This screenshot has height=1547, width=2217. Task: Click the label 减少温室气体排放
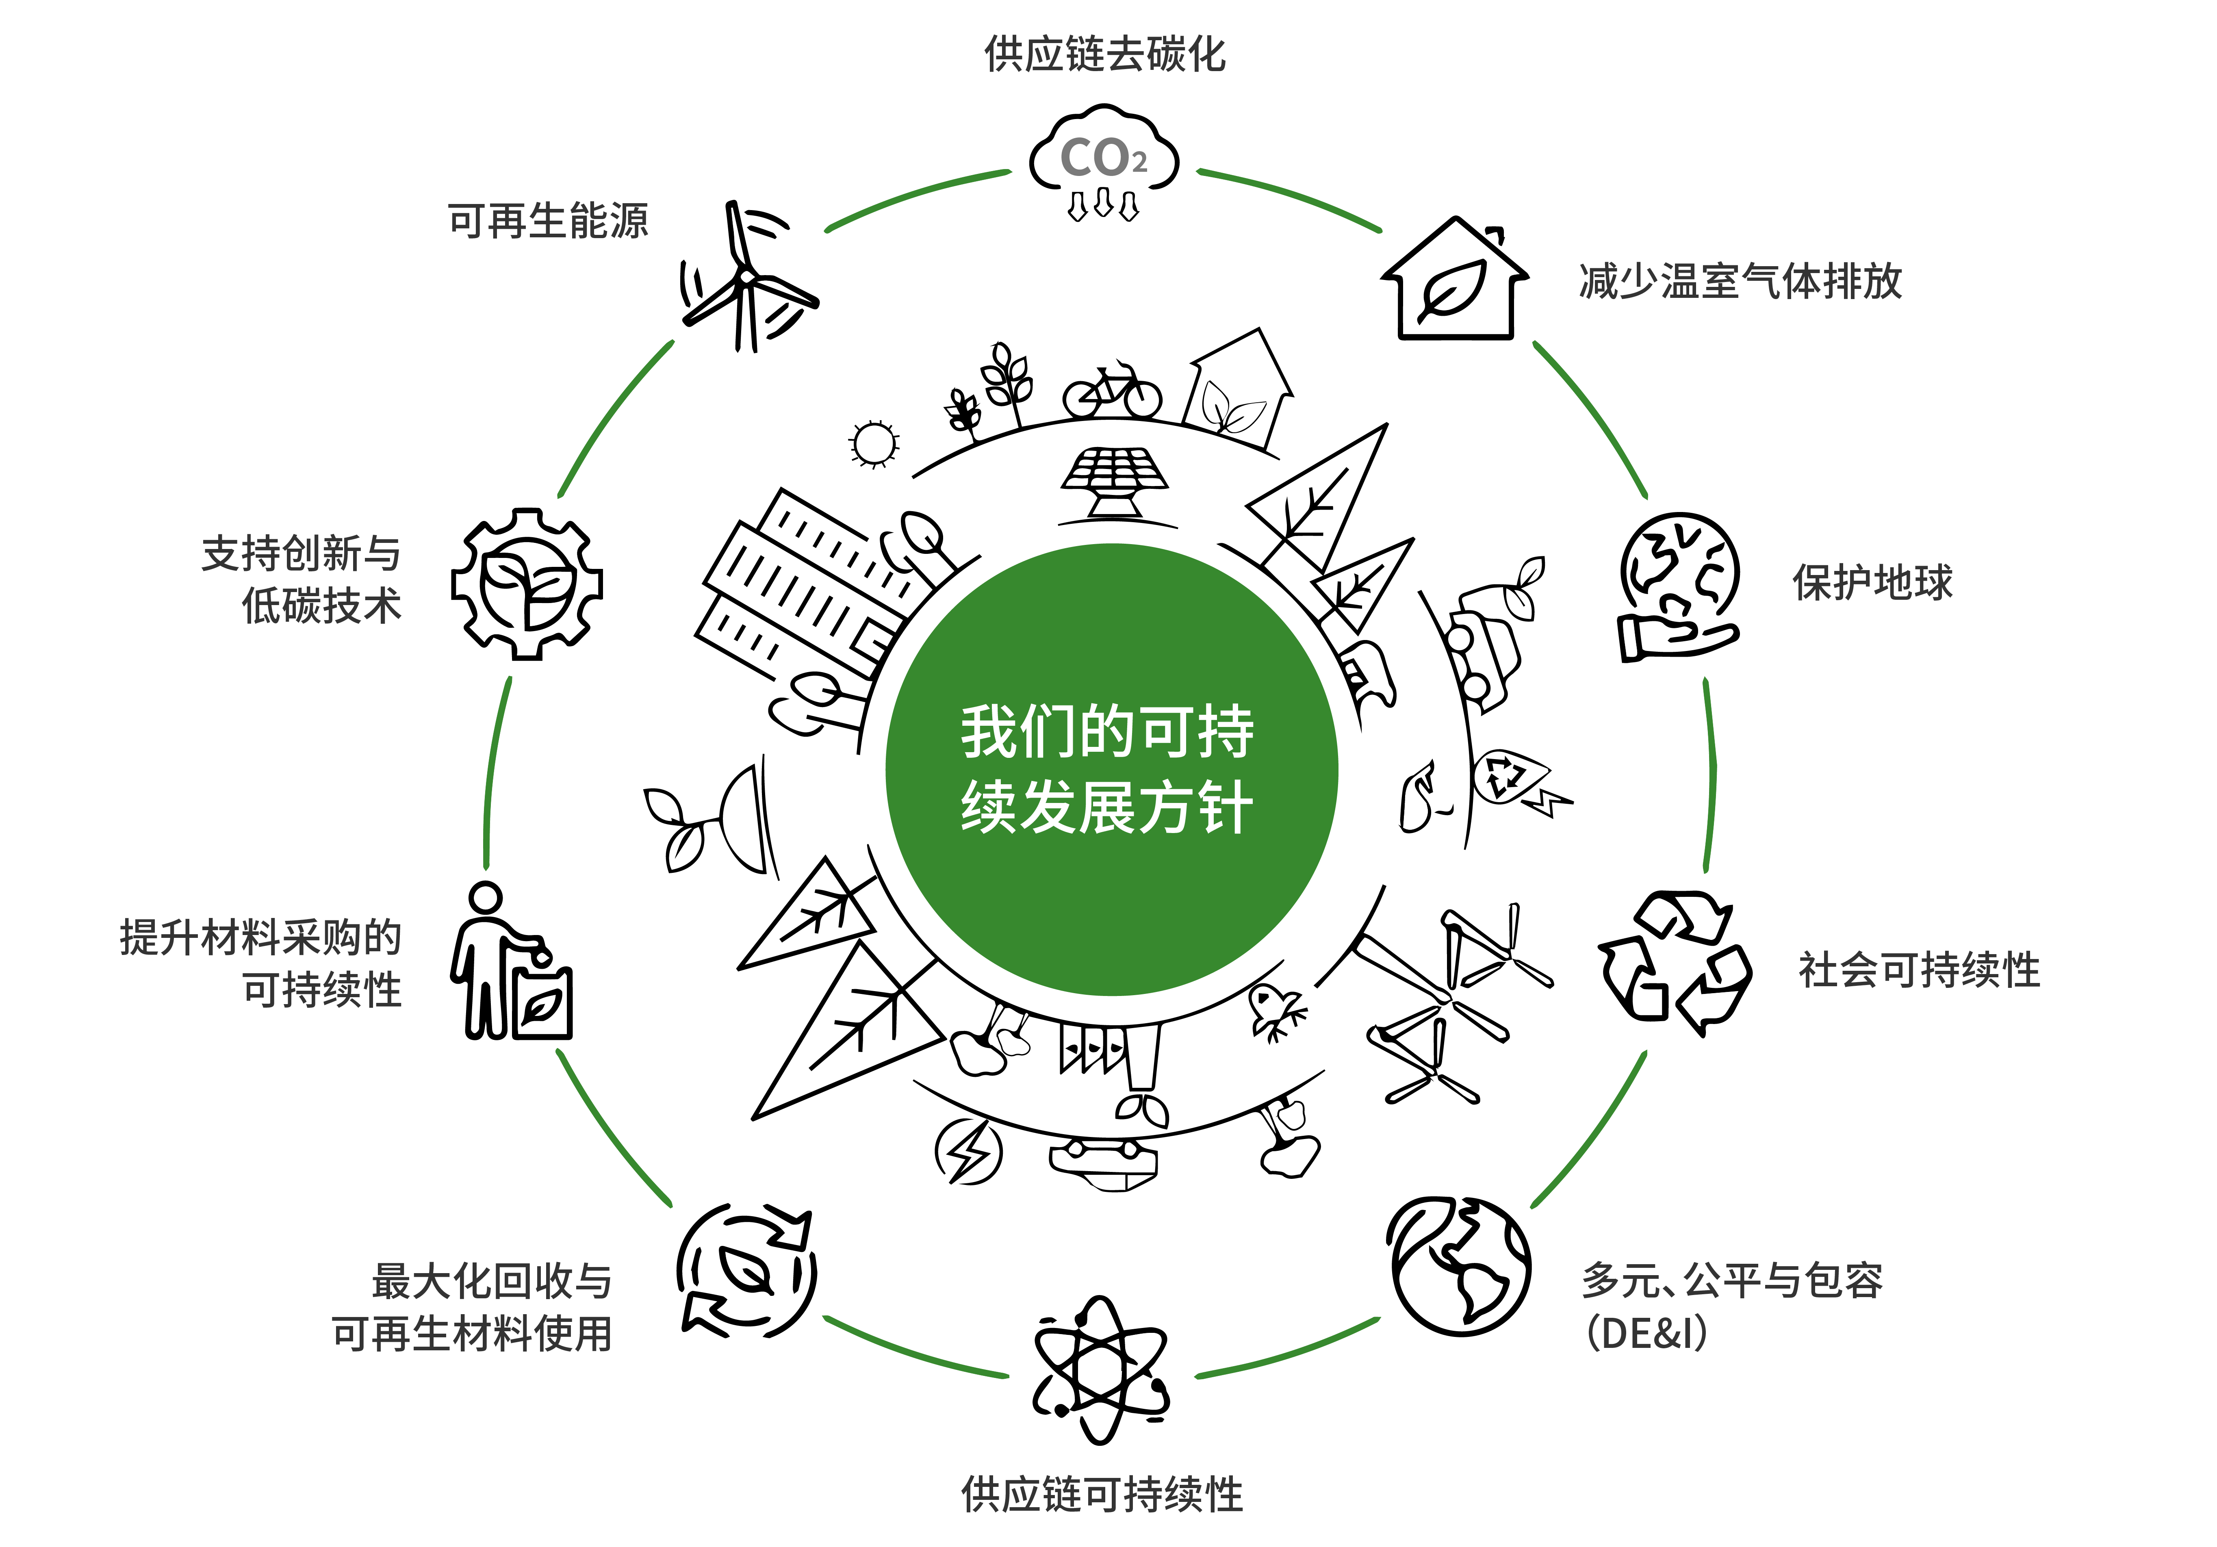[x=1740, y=281]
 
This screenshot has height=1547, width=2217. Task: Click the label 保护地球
[x=1872, y=582]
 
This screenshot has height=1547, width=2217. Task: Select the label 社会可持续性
[x=1919, y=970]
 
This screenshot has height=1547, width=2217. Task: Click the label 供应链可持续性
[x=1102, y=1494]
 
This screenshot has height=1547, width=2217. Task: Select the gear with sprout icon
[x=527, y=584]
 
